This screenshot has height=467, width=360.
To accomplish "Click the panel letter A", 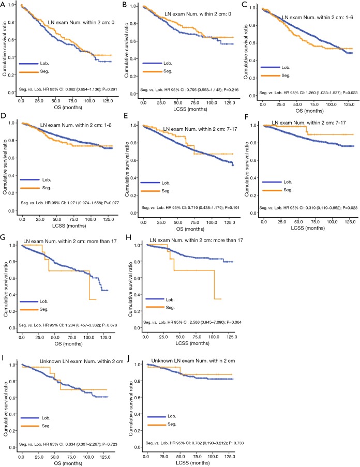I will tap(4, 5).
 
